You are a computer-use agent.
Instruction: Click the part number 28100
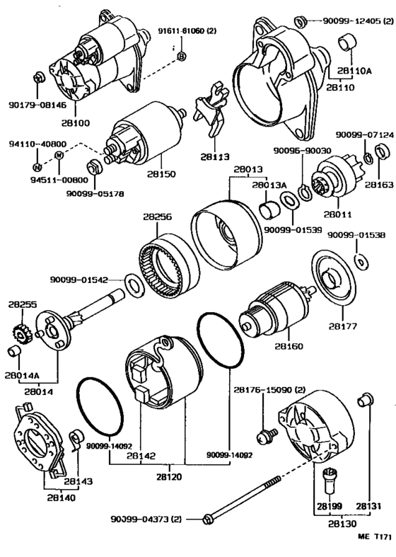coord(76,123)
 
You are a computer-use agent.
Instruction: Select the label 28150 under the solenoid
coord(161,174)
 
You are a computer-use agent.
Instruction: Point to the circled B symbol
coord(181,56)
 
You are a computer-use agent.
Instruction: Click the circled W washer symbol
coord(59,155)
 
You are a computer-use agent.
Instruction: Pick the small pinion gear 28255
coord(22,333)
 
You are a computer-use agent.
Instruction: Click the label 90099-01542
coord(78,280)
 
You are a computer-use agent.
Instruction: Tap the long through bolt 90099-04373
coord(242,500)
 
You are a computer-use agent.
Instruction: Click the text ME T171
coord(374,536)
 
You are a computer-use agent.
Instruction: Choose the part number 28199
coord(330,506)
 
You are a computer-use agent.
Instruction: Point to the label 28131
coord(368,506)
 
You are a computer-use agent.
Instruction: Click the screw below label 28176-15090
coord(267,435)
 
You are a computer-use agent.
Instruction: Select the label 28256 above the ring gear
coord(157,217)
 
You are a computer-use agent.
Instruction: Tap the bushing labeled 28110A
coord(347,42)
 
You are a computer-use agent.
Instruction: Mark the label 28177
coord(343,326)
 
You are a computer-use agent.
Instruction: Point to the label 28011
coord(337,214)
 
